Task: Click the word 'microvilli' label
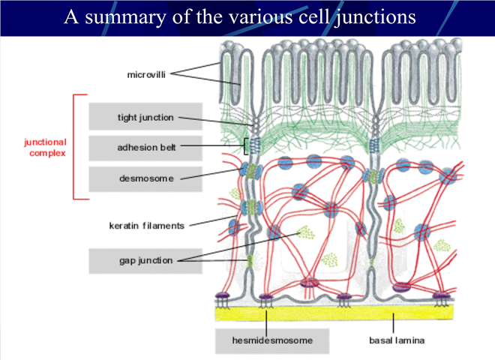coord(146,75)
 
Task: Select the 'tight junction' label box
coord(145,116)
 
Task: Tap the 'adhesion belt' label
coord(146,148)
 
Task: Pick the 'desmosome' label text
coord(146,178)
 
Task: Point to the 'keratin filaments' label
coord(146,226)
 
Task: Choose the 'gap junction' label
coord(145,260)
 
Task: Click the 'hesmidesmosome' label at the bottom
coord(272,340)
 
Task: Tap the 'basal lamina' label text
coord(397,340)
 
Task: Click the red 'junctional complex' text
coord(46,148)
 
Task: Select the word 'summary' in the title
coord(125,17)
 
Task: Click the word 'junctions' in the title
coord(375,18)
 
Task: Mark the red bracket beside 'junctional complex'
coord(73,147)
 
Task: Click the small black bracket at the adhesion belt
coord(244,146)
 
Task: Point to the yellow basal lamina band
coord(334,313)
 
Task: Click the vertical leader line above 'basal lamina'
coord(393,322)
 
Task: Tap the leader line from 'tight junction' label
coord(215,121)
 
